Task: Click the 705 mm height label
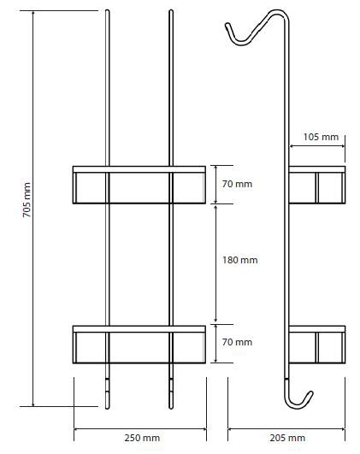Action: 27,200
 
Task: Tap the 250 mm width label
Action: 142,438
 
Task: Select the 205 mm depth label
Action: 287,438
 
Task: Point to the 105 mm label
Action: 321,137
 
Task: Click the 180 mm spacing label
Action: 240,260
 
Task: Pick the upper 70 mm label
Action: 237,184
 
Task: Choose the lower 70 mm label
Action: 237,342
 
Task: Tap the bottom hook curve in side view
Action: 298,405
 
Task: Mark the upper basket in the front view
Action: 139,185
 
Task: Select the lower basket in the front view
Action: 139,345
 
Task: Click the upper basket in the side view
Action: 317,185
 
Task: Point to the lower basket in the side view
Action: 317,345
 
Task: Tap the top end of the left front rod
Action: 108,10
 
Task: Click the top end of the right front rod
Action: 171,10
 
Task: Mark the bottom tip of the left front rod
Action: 108,409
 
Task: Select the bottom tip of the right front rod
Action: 171,409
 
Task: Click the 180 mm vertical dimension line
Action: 215,264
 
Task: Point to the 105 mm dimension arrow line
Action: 317,146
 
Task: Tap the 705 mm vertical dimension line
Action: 33,209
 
